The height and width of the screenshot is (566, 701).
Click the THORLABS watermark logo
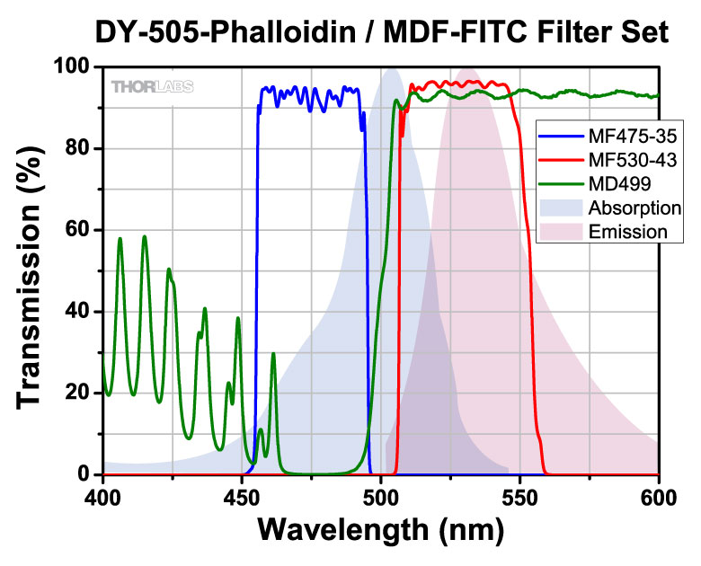coord(152,86)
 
